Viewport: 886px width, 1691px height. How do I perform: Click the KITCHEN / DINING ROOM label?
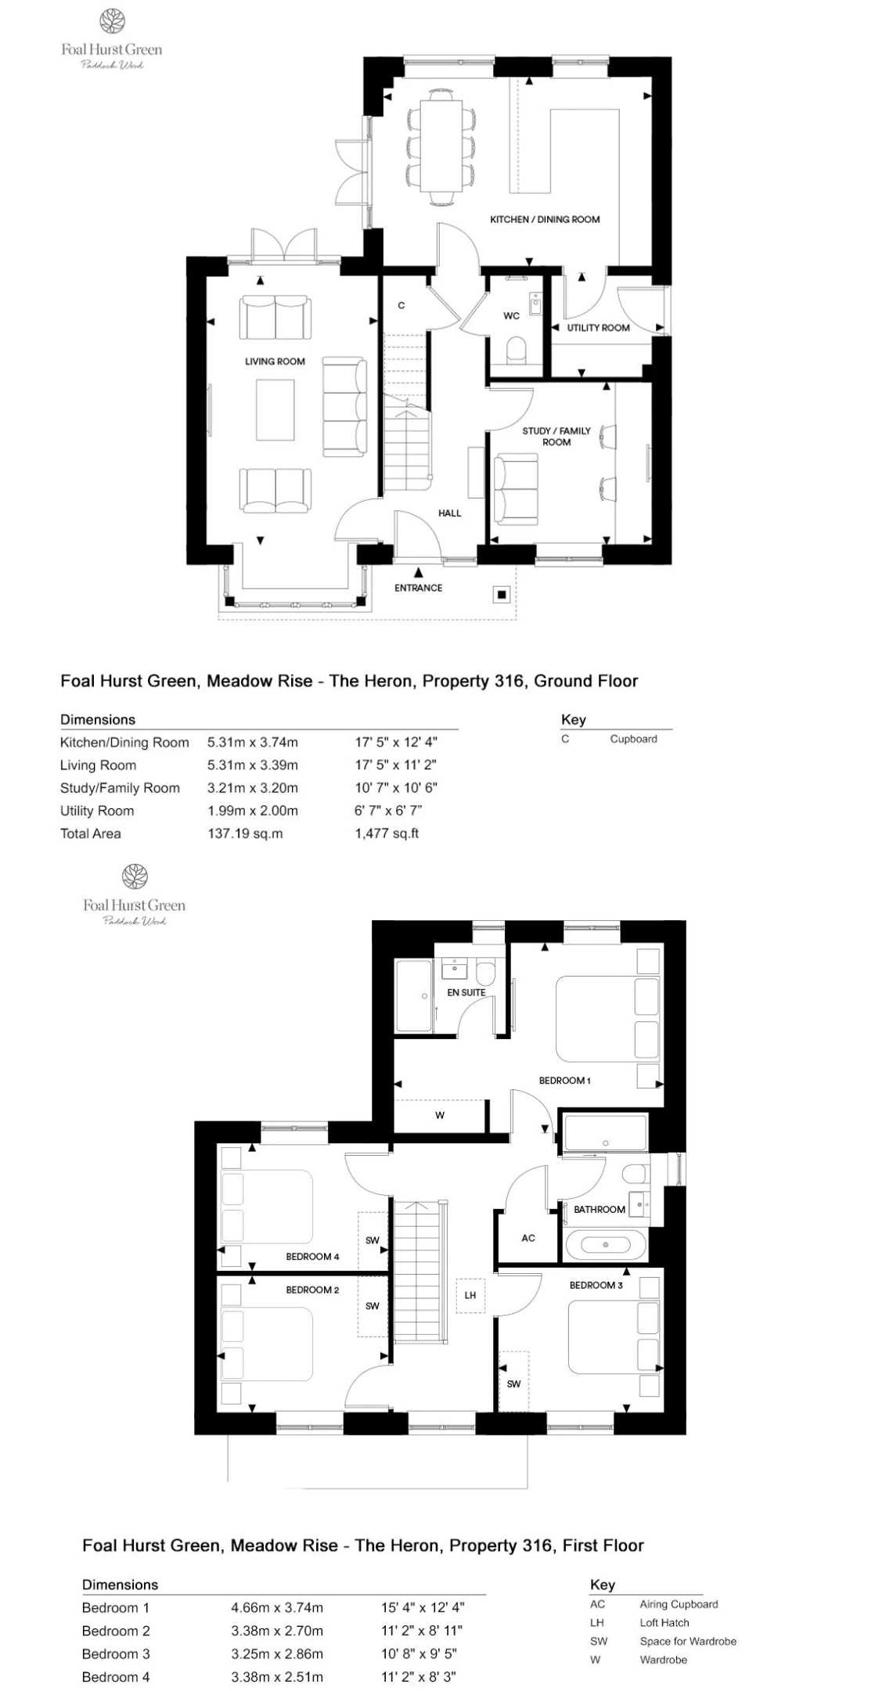545,219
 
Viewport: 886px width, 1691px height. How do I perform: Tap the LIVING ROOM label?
275,362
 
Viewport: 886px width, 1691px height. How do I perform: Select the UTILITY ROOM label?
598,328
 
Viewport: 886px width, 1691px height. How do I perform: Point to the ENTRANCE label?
418,588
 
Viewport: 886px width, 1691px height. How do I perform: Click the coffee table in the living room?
276,410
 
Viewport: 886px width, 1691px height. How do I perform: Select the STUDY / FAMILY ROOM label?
556,436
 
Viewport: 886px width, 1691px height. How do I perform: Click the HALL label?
450,513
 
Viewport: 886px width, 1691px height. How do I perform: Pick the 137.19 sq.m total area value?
245,833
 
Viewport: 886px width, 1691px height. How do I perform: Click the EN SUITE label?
466,992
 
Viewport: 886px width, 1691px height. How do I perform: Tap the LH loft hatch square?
470,1295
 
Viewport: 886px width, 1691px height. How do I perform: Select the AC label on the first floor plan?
528,1238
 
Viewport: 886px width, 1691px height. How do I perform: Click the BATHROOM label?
600,1209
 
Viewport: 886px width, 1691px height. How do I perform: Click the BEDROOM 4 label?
312,1257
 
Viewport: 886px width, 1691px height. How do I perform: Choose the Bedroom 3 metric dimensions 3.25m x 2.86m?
277,1654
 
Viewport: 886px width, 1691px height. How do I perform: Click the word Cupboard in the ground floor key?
634,739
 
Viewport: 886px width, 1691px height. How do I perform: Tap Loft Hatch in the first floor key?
664,1623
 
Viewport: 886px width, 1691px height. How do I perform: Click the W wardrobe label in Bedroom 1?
440,1115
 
